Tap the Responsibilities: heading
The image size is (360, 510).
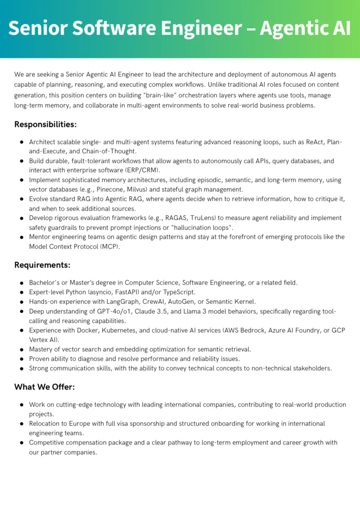pyautogui.click(x=45, y=124)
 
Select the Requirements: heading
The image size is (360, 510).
pyautogui.click(x=42, y=265)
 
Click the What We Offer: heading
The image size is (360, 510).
pyautogui.click(x=44, y=387)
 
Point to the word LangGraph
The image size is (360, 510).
pyautogui.click(x=120, y=302)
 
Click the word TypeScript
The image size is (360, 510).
pyautogui.click(x=178, y=292)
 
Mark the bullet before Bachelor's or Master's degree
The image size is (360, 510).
pyautogui.click(x=21, y=283)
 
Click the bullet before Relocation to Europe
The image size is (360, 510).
pyautogui.click(x=21, y=424)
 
